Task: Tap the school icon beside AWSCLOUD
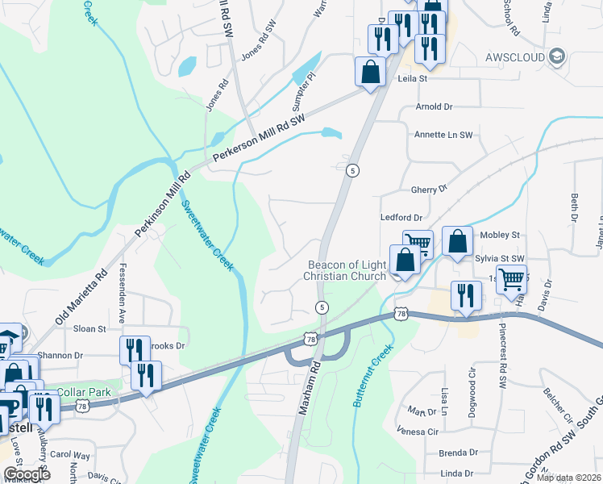click(556, 56)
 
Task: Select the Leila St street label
click(412, 79)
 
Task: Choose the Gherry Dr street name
click(428, 190)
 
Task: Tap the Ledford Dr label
click(401, 218)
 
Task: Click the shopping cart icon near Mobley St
click(418, 243)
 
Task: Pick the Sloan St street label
click(90, 329)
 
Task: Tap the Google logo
click(27, 474)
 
